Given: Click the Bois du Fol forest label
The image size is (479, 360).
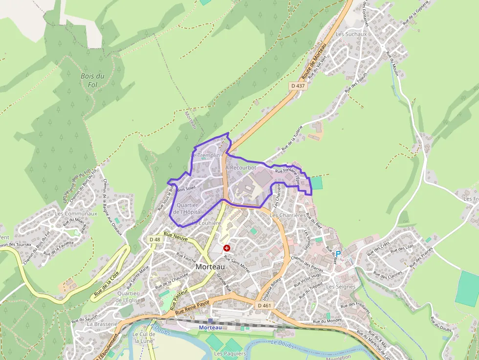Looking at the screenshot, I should (x=92, y=80).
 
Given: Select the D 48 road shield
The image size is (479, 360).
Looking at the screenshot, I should (x=154, y=239).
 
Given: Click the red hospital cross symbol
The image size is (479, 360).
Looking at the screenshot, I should (x=227, y=248).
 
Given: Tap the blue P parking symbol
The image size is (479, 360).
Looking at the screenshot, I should (x=338, y=254).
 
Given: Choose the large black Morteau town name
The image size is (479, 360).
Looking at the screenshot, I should (x=210, y=267).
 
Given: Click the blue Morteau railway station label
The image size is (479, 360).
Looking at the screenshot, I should (x=210, y=327).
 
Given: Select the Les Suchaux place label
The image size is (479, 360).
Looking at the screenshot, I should (x=351, y=34).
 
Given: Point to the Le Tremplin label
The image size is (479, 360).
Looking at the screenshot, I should (x=205, y=155).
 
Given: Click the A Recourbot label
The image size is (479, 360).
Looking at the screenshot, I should (x=241, y=168).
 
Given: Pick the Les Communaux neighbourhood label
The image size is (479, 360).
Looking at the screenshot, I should (x=76, y=213).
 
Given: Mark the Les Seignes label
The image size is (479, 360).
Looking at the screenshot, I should (x=341, y=287).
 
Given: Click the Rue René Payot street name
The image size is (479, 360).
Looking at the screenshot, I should (x=192, y=307).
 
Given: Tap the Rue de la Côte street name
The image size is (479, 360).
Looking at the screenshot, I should (x=106, y=285).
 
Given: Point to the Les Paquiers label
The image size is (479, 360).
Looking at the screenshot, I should (x=230, y=353).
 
